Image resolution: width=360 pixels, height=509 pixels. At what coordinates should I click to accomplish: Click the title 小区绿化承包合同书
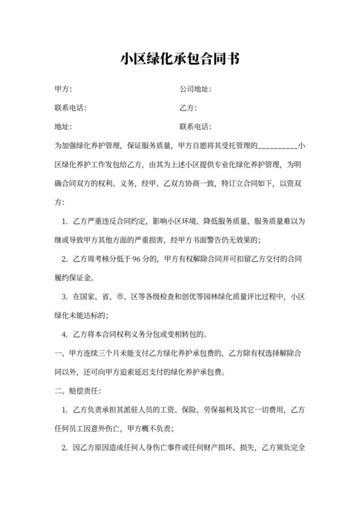[x=180, y=59]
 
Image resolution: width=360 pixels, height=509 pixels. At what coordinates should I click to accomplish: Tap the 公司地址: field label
[x=195, y=89]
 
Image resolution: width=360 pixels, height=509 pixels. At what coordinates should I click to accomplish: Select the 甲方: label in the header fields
[x=63, y=89]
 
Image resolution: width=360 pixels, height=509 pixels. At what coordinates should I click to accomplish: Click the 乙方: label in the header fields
[x=188, y=108]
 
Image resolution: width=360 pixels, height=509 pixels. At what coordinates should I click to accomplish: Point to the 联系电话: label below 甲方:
[x=70, y=108]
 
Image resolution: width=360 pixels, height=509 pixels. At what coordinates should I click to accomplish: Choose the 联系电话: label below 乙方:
[x=195, y=127]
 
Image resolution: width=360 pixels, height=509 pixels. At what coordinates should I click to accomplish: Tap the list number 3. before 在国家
[x=64, y=297]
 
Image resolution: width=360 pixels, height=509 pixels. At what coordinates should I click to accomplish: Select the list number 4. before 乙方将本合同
[x=64, y=334]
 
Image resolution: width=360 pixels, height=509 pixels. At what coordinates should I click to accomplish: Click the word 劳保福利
[x=217, y=409]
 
